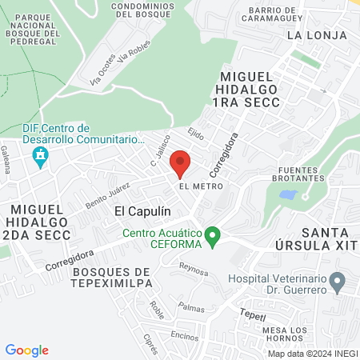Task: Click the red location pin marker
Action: [x=180, y=163]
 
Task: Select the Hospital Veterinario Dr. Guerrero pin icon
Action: [x=338, y=281]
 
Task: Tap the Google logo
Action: [x=27, y=350]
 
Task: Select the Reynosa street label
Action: [x=194, y=268]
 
